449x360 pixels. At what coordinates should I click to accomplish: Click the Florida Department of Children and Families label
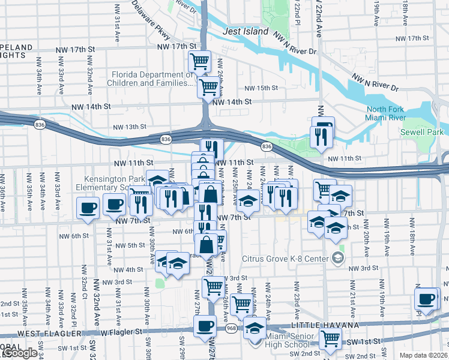click(152, 79)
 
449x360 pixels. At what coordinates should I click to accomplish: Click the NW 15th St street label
click(262, 88)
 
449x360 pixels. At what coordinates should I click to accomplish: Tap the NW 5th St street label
click(130, 245)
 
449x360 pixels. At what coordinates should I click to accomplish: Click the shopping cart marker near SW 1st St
click(330, 339)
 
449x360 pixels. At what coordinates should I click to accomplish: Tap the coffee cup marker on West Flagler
click(205, 327)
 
